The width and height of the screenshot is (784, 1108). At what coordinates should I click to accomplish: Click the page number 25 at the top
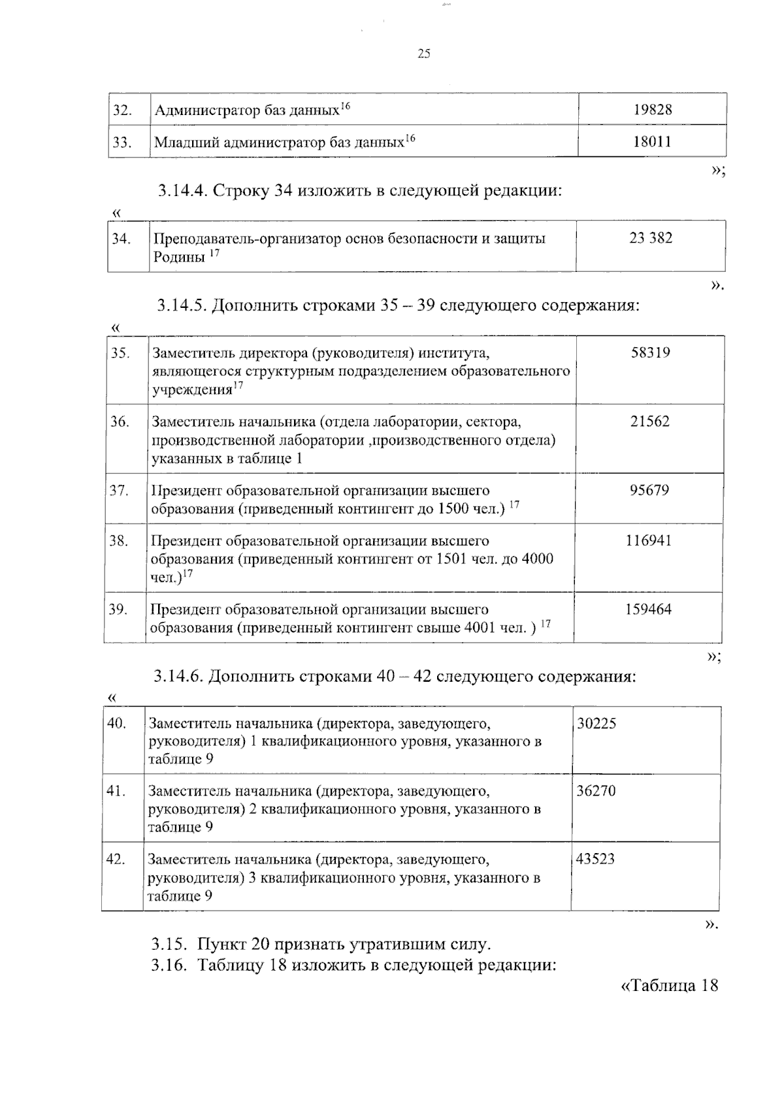423,54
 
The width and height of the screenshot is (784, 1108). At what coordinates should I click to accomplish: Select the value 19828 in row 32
652,110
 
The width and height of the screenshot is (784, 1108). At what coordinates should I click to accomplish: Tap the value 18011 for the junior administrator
651,142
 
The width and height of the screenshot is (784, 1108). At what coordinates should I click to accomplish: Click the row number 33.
122,142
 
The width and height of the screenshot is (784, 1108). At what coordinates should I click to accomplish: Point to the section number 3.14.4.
182,191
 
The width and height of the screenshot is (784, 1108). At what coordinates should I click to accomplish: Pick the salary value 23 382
650,238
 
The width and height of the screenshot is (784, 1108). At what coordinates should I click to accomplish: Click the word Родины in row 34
179,257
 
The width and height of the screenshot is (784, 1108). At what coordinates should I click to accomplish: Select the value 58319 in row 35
650,353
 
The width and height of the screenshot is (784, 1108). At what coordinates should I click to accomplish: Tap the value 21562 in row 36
649,422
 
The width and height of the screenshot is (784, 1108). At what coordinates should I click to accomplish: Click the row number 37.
118,490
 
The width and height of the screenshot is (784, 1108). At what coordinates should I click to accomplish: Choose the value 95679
649,490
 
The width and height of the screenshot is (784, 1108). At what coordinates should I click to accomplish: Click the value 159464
647,609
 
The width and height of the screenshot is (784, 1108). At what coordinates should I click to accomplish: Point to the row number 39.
118,609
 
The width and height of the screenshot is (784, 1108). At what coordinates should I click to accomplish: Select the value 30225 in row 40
596,724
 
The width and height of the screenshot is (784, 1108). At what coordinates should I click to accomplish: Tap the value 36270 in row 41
596,792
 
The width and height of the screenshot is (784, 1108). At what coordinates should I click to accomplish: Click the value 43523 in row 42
595,860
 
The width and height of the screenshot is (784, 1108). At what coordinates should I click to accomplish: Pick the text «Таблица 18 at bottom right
668,986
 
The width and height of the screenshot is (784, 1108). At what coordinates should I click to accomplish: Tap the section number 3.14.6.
179,676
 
